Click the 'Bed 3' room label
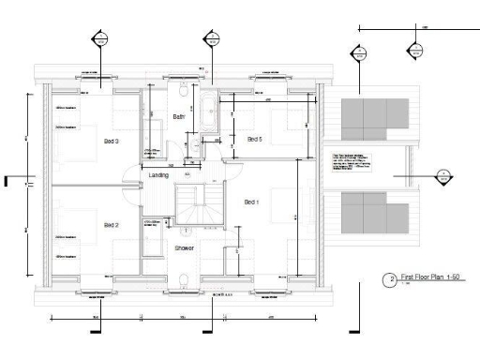(x=111, y=142)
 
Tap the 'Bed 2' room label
(x=111, y=225)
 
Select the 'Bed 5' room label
(x=254, y=139)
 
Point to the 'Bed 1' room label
(x=251, y=202)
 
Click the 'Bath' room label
(x=178, y=116)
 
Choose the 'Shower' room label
(x=184, y=247)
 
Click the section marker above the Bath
(x=212, y=38)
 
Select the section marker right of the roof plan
(x=443, y=174)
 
